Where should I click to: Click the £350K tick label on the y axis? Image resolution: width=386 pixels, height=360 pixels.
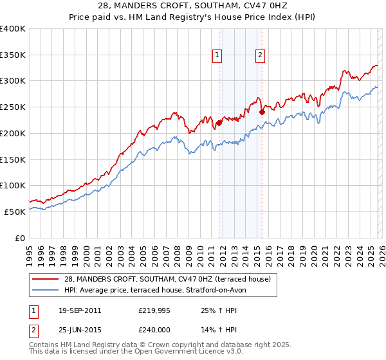[x=13, y=55]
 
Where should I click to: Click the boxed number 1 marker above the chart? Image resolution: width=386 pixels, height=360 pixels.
[x=218, y=56]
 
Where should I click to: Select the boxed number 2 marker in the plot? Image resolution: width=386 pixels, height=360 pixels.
[x=261, y=56]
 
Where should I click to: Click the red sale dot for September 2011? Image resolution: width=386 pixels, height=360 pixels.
[x=219, y=122]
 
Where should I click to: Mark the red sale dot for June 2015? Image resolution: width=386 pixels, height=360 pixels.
[x=262, y=112]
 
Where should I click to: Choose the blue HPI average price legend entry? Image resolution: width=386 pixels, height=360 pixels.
[x=154, y=290]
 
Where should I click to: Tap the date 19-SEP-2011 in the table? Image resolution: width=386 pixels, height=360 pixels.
[x=79, y=310]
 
